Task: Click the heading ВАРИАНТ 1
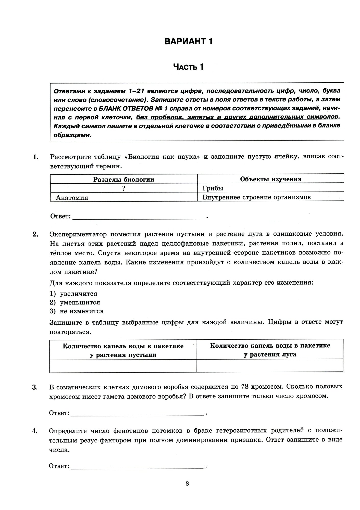pos(188,41)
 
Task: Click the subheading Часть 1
pos(188,67)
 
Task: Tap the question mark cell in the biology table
pos(124,188)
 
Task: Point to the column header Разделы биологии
pos(124,179)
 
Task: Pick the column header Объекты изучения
pos(271,179)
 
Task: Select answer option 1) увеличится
pos(74,294)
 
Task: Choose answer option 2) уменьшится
pos(75,302)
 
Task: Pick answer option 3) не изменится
pos(77,311)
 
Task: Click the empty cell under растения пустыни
pos(123,366)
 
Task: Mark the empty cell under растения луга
pos(270,366)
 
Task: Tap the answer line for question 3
pos(138,413)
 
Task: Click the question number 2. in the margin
pos(35,234)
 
